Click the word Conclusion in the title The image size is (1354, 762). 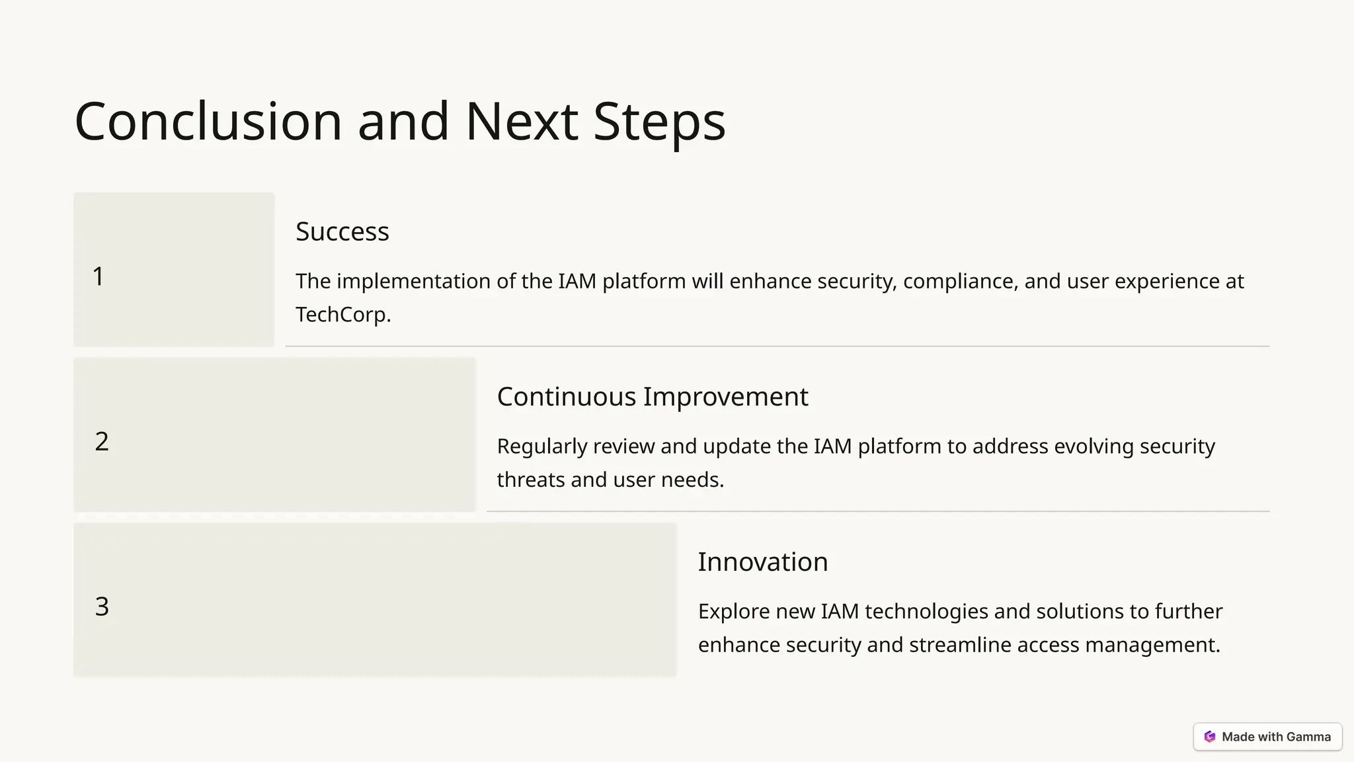[x=208, y=122]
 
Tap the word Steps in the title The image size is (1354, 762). [x=659, y=122]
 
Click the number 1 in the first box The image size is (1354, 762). [x=98, y=276]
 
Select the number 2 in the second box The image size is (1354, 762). [x=101, y=442]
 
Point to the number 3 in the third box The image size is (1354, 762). [x=101, y=607]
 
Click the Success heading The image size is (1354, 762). [x=342, y=232]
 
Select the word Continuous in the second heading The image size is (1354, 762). [x=565, y=397]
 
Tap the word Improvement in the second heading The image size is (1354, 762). [x=725, y=397]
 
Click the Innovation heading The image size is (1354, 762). [x=762, y=562]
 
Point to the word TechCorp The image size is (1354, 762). [x=342, y=314]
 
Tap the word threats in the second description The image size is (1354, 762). [x=531, y=480]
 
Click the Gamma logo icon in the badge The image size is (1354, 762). [x=1210, y=737]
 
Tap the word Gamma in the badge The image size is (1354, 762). [x=1308, y=737]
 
